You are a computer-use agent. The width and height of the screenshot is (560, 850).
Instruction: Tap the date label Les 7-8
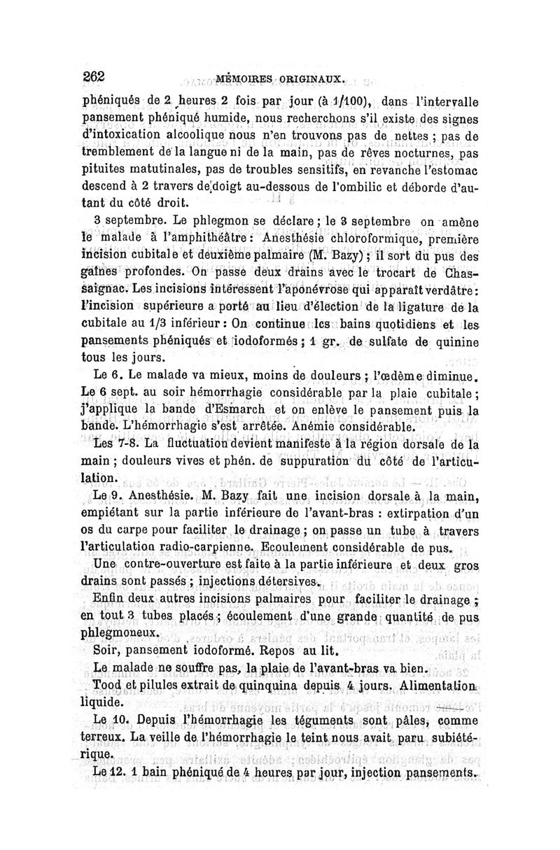[116, 444]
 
